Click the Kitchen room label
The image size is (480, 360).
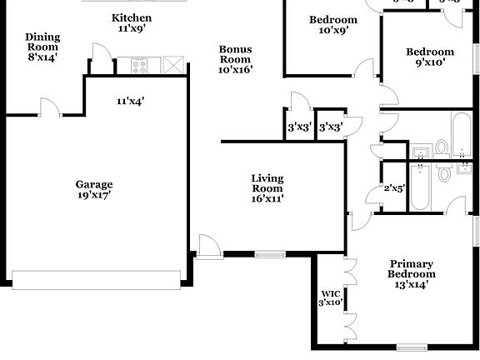click(x=132, y=17)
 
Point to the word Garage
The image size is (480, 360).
click(x=94, y=184)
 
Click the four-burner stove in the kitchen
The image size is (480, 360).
click(x=137, y=63)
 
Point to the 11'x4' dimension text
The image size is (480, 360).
click(x=131, y=101)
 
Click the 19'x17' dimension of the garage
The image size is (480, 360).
click(x=94, y=195)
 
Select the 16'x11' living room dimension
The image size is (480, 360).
click(x=267, y=199)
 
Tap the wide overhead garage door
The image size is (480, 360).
click(x=98, y=278)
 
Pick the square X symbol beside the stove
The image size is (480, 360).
click(x=172, y=64)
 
